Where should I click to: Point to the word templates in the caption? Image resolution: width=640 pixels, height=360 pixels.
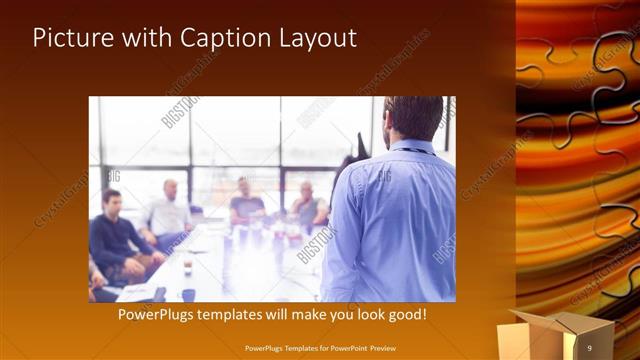coord(235,314)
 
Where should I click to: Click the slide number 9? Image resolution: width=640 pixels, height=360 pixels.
coord(589,347)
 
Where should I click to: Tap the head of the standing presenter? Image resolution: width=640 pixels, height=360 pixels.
coord(412,118)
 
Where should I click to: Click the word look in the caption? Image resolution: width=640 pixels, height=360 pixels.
coord(364,314)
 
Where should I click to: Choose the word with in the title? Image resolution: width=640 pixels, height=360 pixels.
coord(143,39)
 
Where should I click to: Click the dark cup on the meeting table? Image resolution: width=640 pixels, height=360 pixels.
coord(188,294)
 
